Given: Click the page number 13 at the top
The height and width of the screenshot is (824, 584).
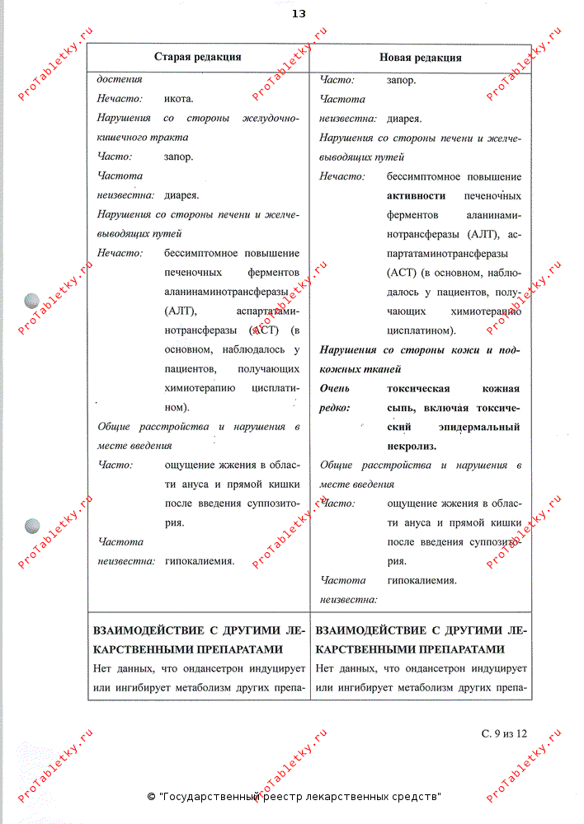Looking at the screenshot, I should coord(299,14).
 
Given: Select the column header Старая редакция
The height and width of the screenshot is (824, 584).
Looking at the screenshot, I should coord(198,57).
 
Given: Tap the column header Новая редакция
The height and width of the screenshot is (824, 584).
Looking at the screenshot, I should coord(420,58).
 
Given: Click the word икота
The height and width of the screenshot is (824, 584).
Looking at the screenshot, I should coord(179,99).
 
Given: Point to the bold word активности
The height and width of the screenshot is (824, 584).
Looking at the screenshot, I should coord(416,196).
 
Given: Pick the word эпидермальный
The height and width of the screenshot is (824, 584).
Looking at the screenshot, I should coord(481,427).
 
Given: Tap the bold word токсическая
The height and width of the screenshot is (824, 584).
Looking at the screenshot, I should coord(417,389).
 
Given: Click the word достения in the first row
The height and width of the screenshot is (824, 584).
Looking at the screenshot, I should coord(120,80).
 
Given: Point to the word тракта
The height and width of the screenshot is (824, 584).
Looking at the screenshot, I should coord(169,137).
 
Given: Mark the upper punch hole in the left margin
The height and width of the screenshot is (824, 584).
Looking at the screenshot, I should coord(33,301).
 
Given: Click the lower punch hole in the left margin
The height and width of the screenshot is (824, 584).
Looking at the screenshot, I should coord(33,524).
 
